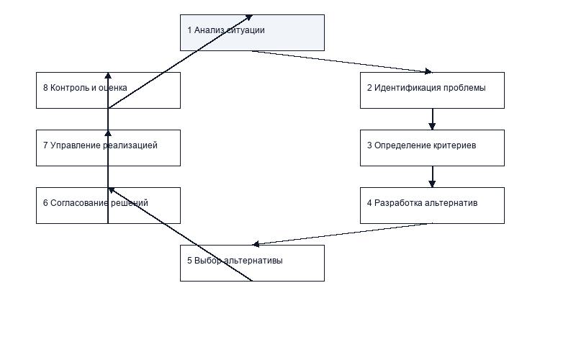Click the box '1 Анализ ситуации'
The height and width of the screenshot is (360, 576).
(252, 32)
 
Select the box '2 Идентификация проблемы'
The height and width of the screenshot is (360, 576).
(432, 91)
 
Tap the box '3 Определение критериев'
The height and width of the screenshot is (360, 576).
(432, 148)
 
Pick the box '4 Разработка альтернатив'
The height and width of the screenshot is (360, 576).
(432, 205)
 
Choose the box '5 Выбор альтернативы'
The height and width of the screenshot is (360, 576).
(252, 263)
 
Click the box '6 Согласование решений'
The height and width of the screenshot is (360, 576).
(108, 205)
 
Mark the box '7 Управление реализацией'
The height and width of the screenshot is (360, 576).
(108, 148)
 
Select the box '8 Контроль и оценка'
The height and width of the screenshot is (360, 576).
(108, 91)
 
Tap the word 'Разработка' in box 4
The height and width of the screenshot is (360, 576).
(397, 203)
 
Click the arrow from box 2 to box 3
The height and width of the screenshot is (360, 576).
(432, 119)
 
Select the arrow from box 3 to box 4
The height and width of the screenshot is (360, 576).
(432, 176)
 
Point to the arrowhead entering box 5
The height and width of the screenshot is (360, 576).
(256, 244)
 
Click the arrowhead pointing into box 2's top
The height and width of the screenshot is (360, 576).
(428, 71)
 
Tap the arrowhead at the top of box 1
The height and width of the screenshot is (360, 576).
(249, 17)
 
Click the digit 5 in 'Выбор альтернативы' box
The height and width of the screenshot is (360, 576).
(189, 261)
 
